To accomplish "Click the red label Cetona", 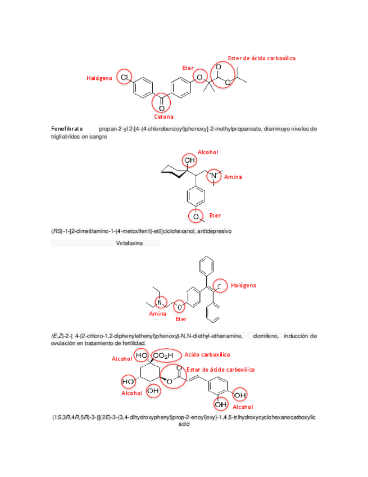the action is pyautogui.click(x=164, y=117).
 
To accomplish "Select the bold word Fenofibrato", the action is pyautogui.click(x=67, y=129).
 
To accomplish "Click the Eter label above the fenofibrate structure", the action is pyautogui.click(x=188, y=68).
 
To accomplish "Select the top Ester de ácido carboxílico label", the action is pyautogui.click(x=261, y=58).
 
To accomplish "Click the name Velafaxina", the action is pyautogui.click(x=130, y=244).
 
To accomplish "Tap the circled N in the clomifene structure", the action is pyautogui.click(x=159, y=303).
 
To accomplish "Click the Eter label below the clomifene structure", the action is pyautogui.click(x=181, y=319).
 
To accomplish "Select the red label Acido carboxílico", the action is pyautogui.click(x=208, y=355).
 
